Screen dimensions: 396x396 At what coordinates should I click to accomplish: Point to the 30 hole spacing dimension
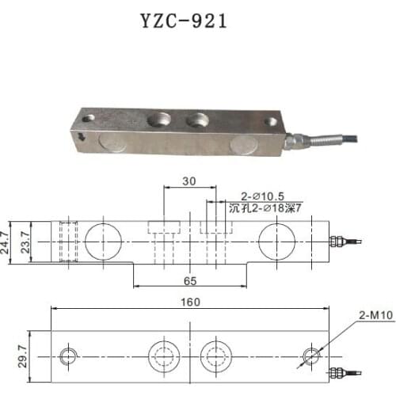[x=188, y=181]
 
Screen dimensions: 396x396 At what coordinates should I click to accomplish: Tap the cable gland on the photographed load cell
[x=296, y=141]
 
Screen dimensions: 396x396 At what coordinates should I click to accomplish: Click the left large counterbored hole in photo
[x=158, y=121]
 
